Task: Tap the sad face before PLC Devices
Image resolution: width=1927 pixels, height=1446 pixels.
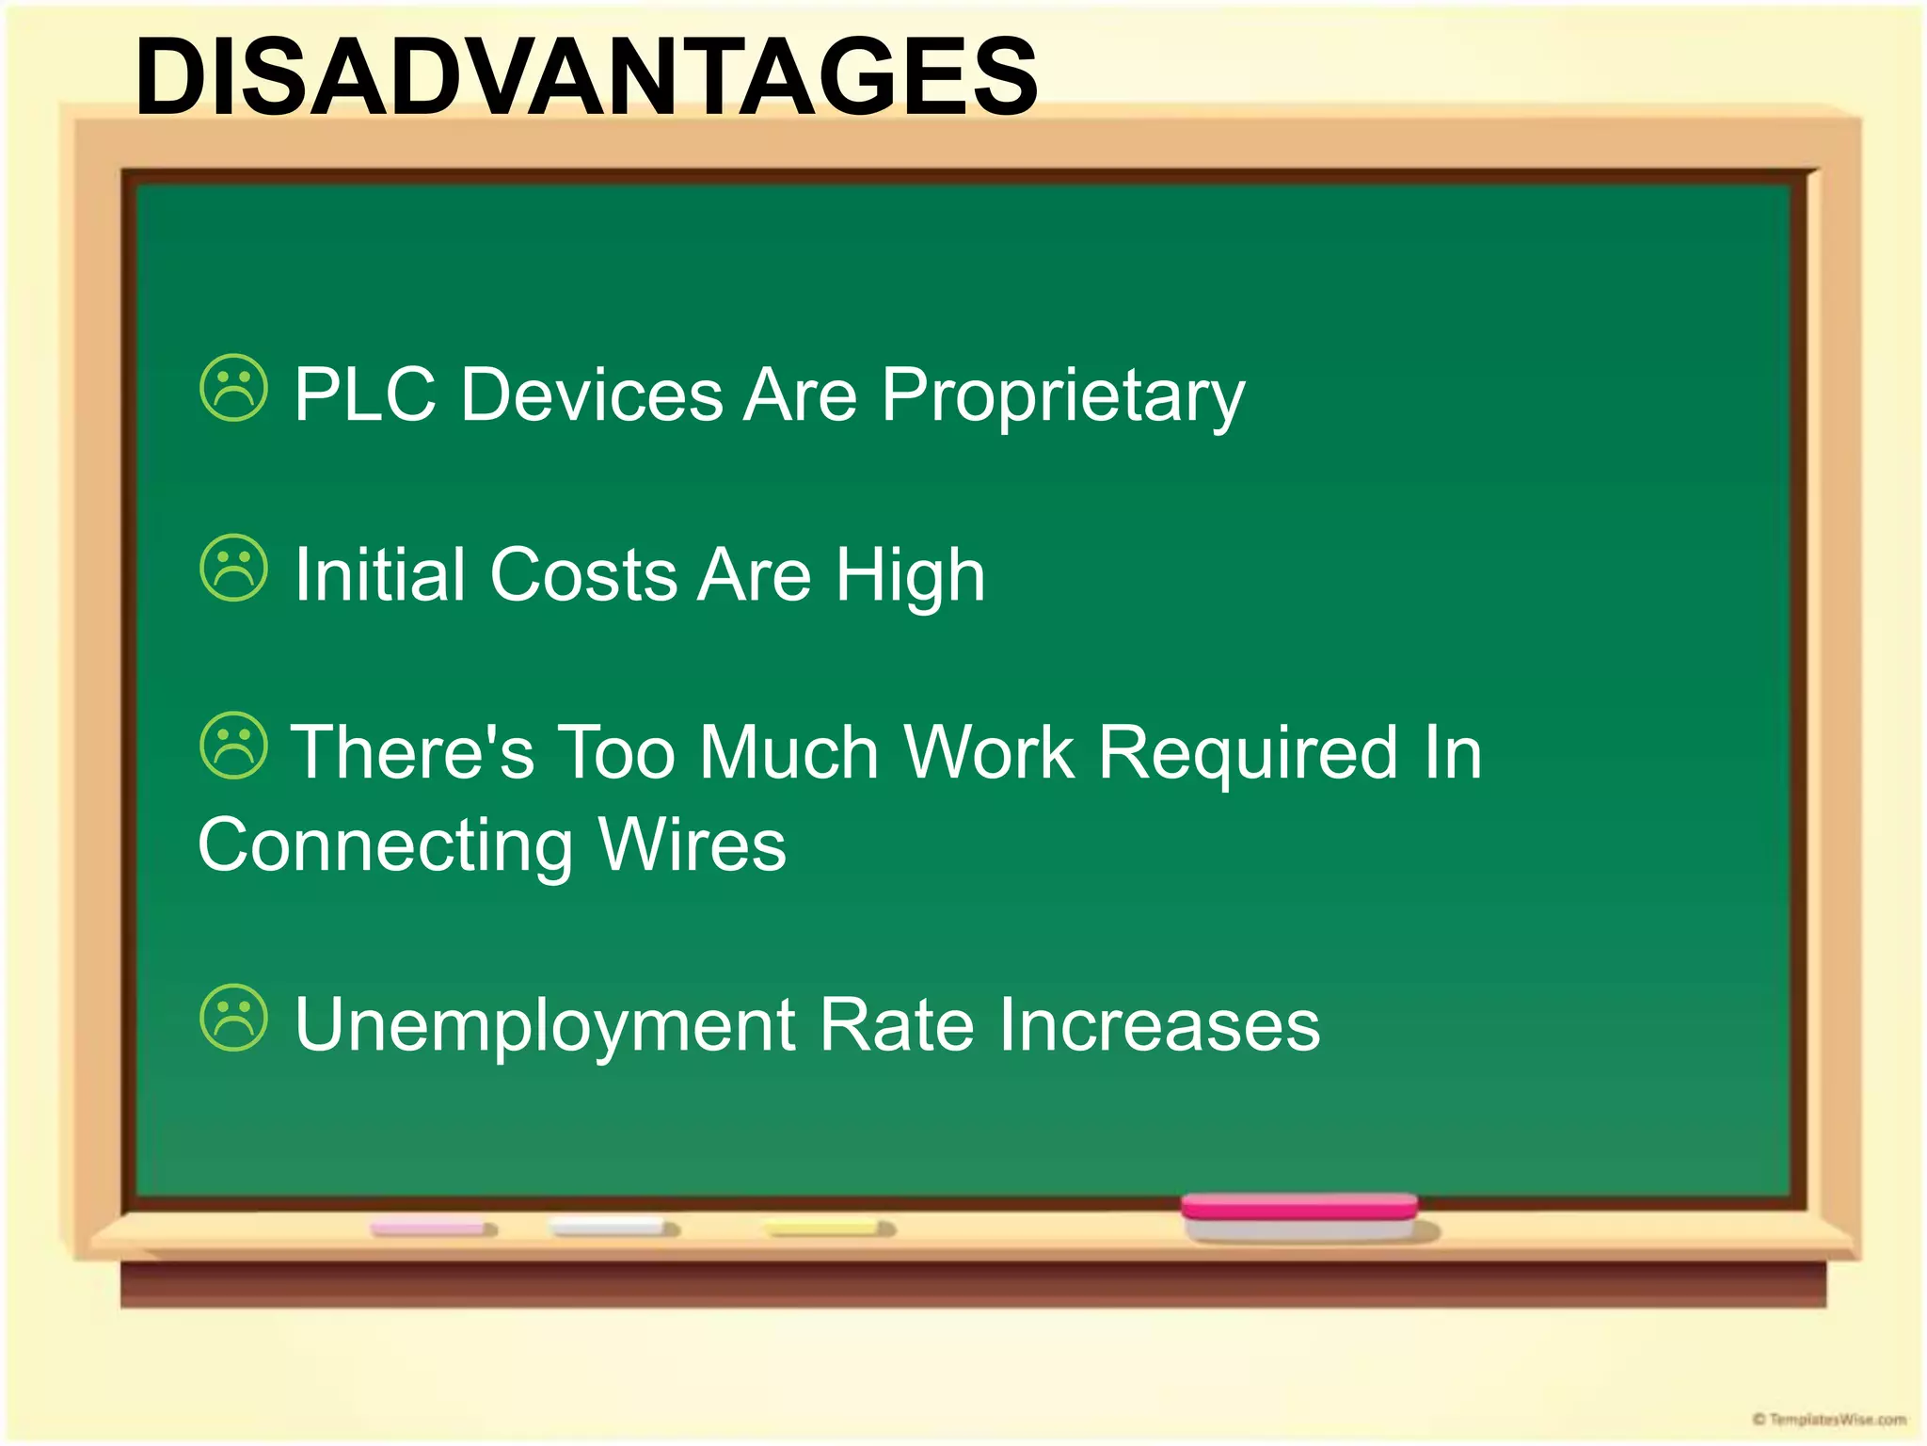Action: coord(234,388)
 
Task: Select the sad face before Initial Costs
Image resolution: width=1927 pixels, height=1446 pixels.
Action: coord(234,569)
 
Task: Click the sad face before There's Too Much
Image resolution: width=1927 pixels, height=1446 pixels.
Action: coord(234,746)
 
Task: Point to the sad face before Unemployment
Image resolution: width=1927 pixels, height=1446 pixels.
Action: coord(234,1018)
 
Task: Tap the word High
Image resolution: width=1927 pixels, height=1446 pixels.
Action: coord(910,576)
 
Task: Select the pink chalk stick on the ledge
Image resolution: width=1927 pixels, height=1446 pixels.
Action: coord(432,1229)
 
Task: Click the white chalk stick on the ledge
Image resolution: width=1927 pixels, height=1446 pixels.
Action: coord(613,1228)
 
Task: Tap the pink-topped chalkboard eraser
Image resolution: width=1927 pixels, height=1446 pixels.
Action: coord(1299,1216)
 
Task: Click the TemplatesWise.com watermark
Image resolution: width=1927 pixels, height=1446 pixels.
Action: coord(1829,1419)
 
